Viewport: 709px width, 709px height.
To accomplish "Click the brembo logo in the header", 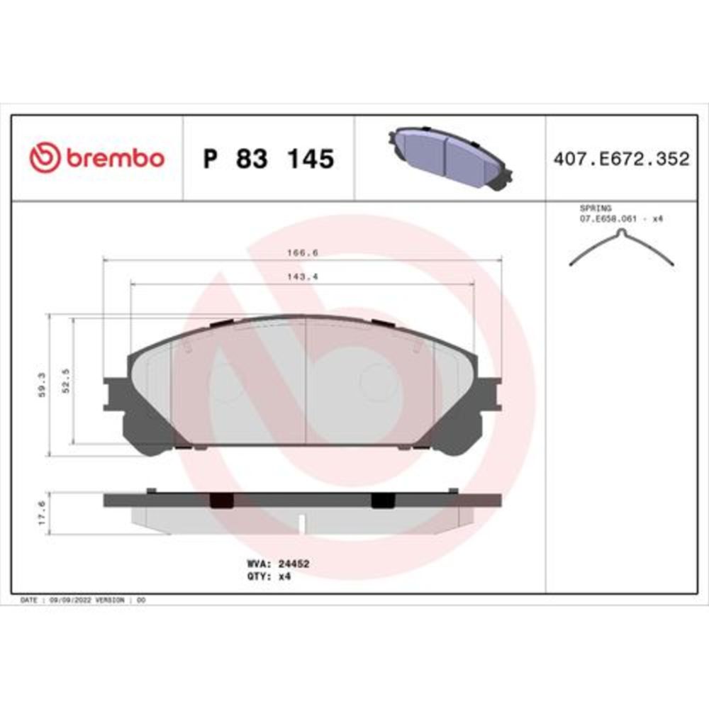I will [96, 158].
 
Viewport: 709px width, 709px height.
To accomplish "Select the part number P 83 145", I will [268, 160].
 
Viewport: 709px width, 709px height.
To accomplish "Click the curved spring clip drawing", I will [622, 247].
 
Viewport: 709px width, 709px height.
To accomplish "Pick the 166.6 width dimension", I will [302, 252].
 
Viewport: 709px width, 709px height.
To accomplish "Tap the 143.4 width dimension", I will [302, 277].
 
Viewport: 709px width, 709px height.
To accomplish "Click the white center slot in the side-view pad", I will [302, 524].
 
